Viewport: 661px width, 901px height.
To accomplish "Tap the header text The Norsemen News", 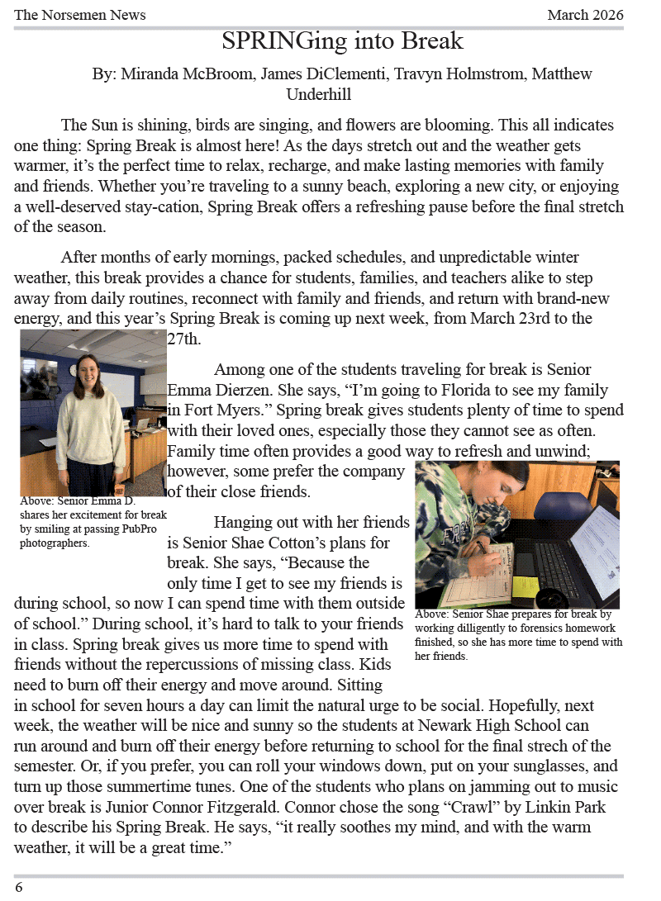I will [80, 15].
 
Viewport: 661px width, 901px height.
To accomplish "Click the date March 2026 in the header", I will [585, 15].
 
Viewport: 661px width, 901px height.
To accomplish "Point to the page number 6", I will [19, 887].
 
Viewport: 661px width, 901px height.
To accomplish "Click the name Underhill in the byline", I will [319, 94].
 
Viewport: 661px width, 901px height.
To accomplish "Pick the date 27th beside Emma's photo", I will [184, 339].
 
